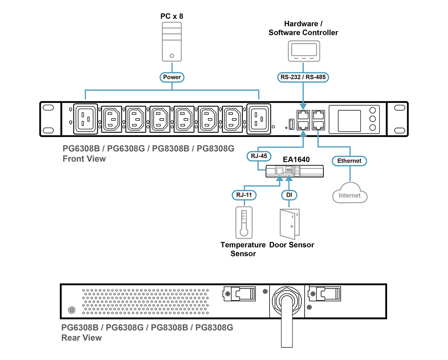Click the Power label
172,77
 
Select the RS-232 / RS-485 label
303,77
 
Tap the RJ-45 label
259,156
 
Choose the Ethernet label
349,161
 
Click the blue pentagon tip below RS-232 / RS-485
303,106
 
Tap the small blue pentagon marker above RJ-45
303,133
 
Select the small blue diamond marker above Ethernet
318,132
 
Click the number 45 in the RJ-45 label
263,156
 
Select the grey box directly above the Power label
172,41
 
